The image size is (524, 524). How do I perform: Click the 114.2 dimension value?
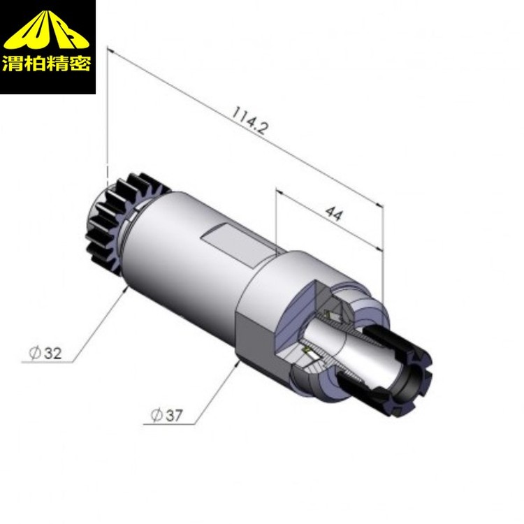[x=250, y=120]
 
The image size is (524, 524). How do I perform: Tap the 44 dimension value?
[x=334, y=213]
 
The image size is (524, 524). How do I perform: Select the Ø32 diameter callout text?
[x=45, y=353]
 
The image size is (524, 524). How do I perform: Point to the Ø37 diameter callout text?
[x=167, y=416]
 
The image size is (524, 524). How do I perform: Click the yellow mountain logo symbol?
[x=46, y=30]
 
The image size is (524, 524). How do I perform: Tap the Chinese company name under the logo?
[x=46, y=64]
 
